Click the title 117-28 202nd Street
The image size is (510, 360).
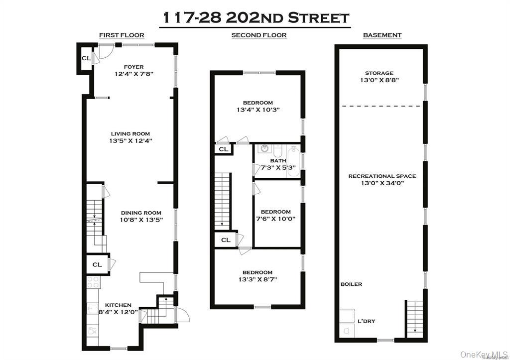(257, 18)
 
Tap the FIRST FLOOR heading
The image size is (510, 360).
(122, 35)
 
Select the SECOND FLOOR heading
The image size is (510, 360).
(258, 35)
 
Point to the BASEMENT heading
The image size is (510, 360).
(382, 35)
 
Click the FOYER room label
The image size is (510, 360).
(133, 67)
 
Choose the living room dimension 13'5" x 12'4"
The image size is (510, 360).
(130, 141)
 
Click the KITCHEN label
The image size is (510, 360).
(118, 305)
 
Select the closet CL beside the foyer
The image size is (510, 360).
(86, 58)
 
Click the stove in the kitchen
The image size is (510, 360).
(94, 282)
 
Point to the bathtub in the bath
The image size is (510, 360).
(293, 161)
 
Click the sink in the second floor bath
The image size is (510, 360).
(264, 149)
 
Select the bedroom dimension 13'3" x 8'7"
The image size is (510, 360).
(257, 279)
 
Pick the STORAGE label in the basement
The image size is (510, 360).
(379, 73)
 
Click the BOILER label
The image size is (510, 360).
(351, 284)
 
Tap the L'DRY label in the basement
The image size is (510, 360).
(366, 321)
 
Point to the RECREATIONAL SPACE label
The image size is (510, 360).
(382, 176)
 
